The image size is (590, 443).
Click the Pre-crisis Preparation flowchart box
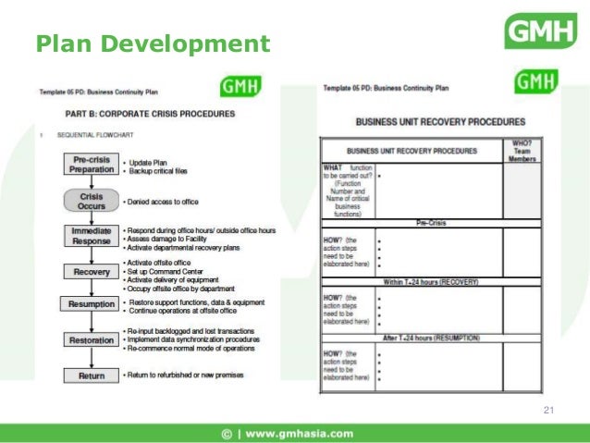(92, 165)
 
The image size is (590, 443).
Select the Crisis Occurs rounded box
(92, 200)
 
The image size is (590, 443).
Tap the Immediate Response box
(92, 235)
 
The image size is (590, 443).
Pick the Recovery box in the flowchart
(92, 271)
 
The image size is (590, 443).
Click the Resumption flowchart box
(92, 304)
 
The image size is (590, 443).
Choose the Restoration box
(92, 339)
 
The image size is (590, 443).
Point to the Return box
(92, 375)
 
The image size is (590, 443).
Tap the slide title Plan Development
(153, 43)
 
